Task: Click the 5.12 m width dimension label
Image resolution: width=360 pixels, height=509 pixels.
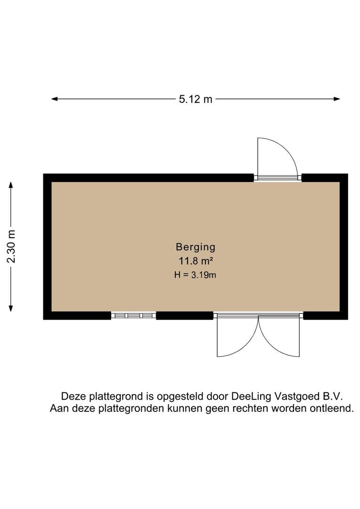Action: [x=196, y=99]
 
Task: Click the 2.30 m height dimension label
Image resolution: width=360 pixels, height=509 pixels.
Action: [x=11, y=246]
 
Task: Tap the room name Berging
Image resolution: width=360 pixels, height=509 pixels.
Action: [x=196, y=246]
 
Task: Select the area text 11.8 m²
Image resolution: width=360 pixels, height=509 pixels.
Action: [x=196, y=261]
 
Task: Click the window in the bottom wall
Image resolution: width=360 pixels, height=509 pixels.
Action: [x=133, y=316]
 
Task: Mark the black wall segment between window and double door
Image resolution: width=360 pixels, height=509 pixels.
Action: [x=184, y=316]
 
